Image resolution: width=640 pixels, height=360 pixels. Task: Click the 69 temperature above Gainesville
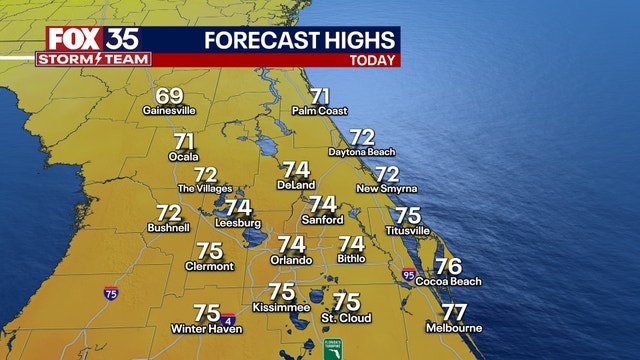pos(170,97)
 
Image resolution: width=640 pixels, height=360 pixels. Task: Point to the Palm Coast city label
pos(319,111)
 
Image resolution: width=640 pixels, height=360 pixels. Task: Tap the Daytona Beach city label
pos(362,151)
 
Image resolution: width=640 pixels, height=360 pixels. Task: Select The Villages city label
pos(204,188)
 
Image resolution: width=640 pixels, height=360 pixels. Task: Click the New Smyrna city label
pos(386,188)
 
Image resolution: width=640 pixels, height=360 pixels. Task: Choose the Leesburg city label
pos(237,223)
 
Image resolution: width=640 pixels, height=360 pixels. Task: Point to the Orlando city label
pos(291,260)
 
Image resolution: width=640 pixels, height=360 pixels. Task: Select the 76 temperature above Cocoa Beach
pos(448,266)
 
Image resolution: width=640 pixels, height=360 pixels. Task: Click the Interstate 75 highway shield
pos(110,293)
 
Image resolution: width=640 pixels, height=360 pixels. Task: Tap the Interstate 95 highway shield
pos(408,273)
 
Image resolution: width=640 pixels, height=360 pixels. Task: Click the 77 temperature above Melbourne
pos(454,312)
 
